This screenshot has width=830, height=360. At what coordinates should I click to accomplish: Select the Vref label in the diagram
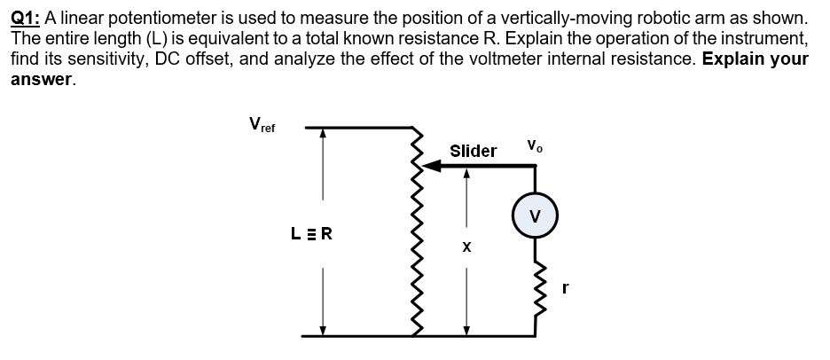261,125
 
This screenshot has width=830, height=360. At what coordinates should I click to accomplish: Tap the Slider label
473,151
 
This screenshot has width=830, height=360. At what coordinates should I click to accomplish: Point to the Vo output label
534,145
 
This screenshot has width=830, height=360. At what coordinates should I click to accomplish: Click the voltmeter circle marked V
533,216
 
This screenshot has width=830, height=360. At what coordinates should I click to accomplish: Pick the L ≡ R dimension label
311,235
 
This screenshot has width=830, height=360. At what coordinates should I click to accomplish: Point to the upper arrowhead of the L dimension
323,134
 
